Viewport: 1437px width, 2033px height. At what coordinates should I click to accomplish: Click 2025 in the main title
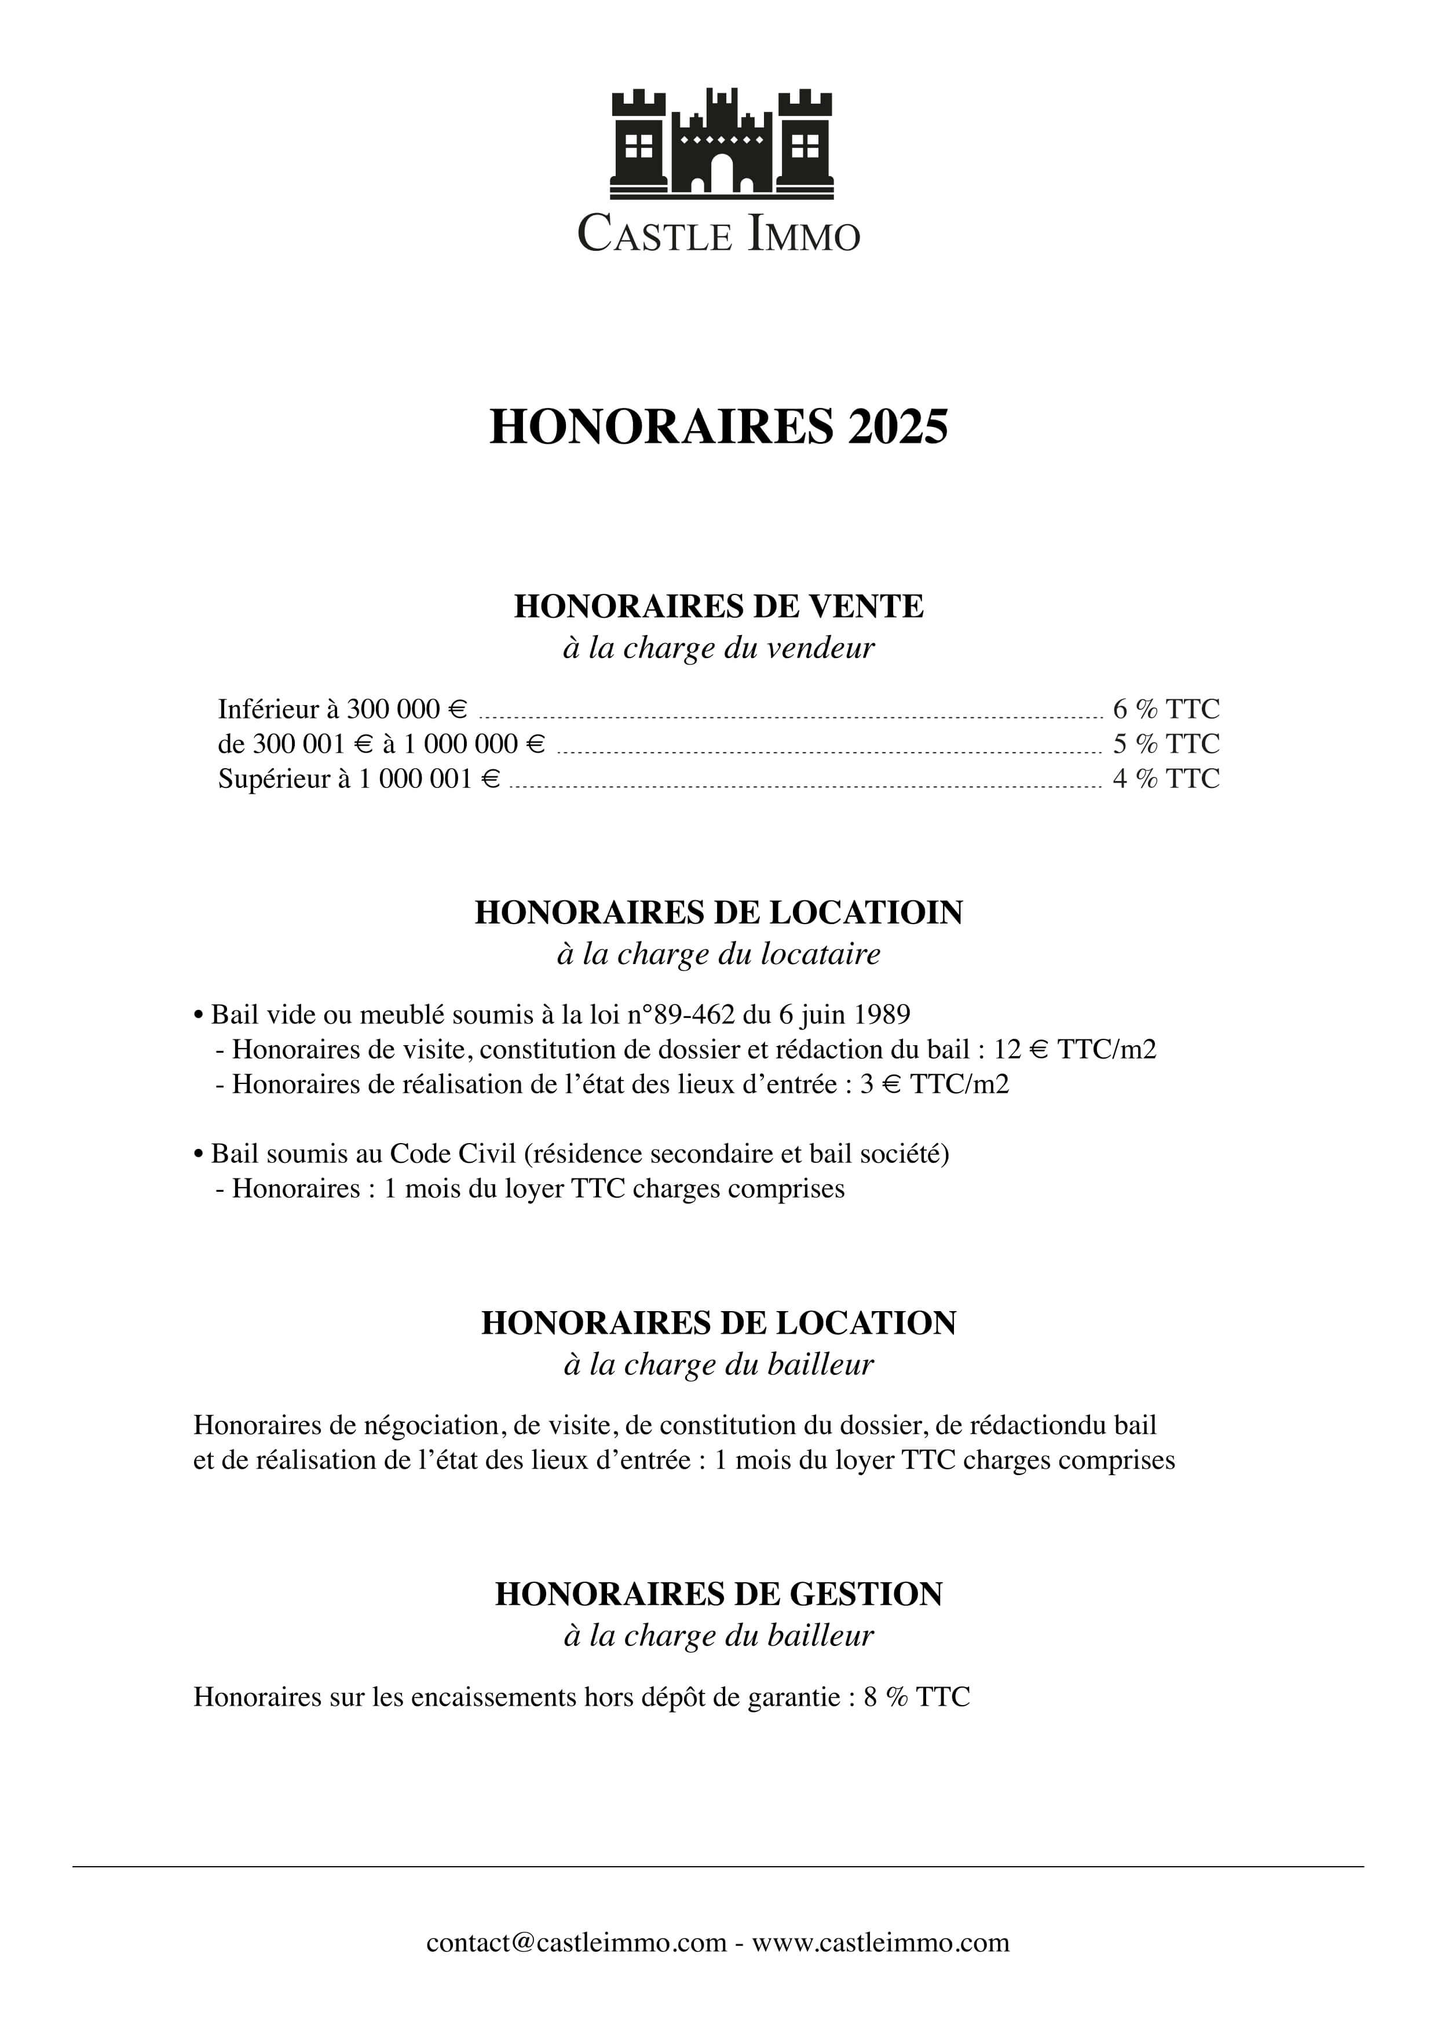tap(898, 427)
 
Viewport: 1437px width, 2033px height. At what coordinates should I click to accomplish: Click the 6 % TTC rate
tap(1165, 709)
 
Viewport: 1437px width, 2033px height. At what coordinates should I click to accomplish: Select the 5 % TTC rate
tap(1165, 744)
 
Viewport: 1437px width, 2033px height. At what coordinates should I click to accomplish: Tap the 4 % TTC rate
tap(1165, 779)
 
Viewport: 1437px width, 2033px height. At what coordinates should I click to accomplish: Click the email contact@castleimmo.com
tap(576, 1943)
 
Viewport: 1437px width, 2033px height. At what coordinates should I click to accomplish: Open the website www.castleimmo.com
tap(881, 1943)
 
